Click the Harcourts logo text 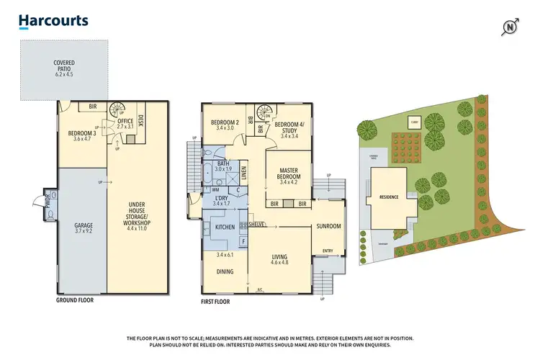click(x=53, y=21)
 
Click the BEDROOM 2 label click(x=224, y=125)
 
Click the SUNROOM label click(x=328, y=226)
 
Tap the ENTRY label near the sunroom click(x=328, y=251)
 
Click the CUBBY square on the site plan click(x=415, y=122)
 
